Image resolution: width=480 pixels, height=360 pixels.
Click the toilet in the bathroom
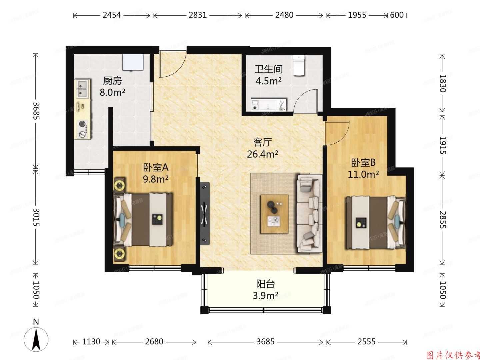299,65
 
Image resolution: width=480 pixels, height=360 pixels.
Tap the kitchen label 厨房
112,81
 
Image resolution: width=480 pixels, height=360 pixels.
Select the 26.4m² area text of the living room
263,154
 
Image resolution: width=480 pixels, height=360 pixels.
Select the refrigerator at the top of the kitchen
133,62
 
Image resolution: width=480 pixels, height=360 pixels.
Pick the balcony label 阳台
265,284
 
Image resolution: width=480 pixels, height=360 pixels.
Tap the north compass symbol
36,338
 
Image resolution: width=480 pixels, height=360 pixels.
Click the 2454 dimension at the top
112,15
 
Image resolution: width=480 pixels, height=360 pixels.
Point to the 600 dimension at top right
397,15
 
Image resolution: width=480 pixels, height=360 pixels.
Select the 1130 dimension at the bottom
91,342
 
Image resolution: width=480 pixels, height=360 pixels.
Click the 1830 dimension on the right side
442,83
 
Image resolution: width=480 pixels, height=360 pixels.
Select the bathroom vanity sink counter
269,104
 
